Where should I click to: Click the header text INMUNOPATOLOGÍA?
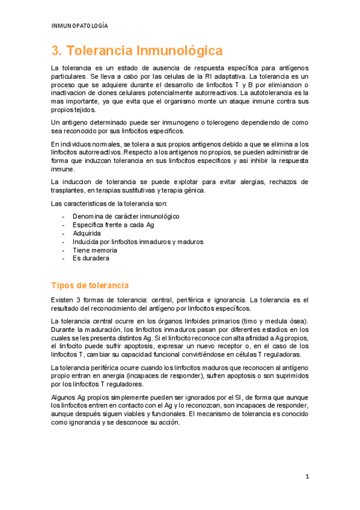(80, 26)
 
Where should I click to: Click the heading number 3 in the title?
(55, 50)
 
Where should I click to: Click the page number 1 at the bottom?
(307, 477)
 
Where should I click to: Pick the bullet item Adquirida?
(88, 233)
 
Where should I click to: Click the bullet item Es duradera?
(90, 258)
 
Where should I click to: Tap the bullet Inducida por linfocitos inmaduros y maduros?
(138, 241)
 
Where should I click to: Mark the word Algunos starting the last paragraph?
(64, 398)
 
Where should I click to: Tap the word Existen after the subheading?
(63, 300)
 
